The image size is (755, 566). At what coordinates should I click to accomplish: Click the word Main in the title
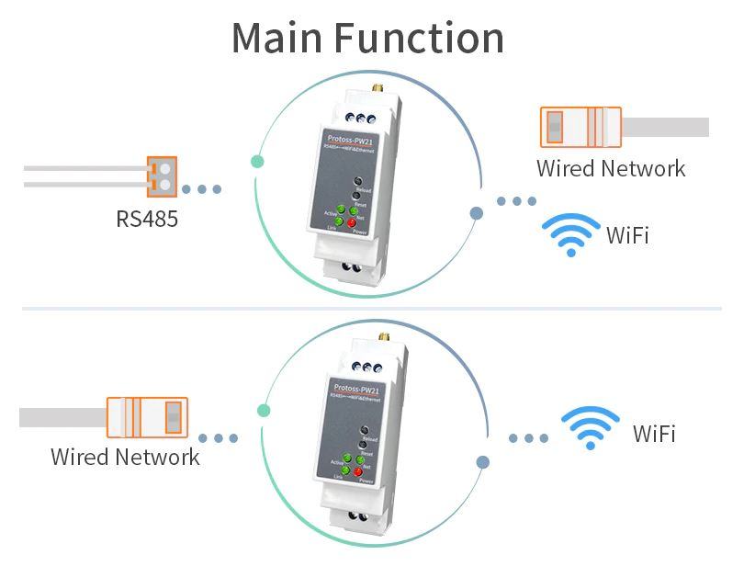pyautogui.click(x=276, y=38)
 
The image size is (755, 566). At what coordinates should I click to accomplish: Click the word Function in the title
pyautogui.click(x=419, y=38)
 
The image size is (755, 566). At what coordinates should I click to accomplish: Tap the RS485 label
pyautogui.click(x=147, y=219)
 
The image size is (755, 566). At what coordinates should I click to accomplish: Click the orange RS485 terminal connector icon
pyautogui.click(x=161, y=176)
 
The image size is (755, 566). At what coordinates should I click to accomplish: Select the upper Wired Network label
pyautogui.click(x=611, y=168)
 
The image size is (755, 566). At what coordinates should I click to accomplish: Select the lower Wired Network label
pyautogui.click(x=125, y=457)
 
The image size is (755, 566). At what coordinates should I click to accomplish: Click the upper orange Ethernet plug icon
pyautogui.click(x=580, y=127)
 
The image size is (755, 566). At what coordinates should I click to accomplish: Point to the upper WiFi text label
pyautogui.click(x=627, y=235)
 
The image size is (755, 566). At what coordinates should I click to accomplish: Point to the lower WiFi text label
pyautogui.click(x=654, y=434)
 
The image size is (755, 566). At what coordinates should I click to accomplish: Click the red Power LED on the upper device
pyautogui.click(x=353, y=223)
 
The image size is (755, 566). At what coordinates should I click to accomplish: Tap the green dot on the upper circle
pyautogui.click(x=257, y=162)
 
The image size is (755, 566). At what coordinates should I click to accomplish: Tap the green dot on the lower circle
pyautogui.click(x=265, y=411)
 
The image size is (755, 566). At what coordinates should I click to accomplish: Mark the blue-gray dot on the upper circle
pyautogui.click(x=476, y=213)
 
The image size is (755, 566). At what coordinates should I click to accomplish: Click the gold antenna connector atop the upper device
pyautogui.click(x=377, y=92)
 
